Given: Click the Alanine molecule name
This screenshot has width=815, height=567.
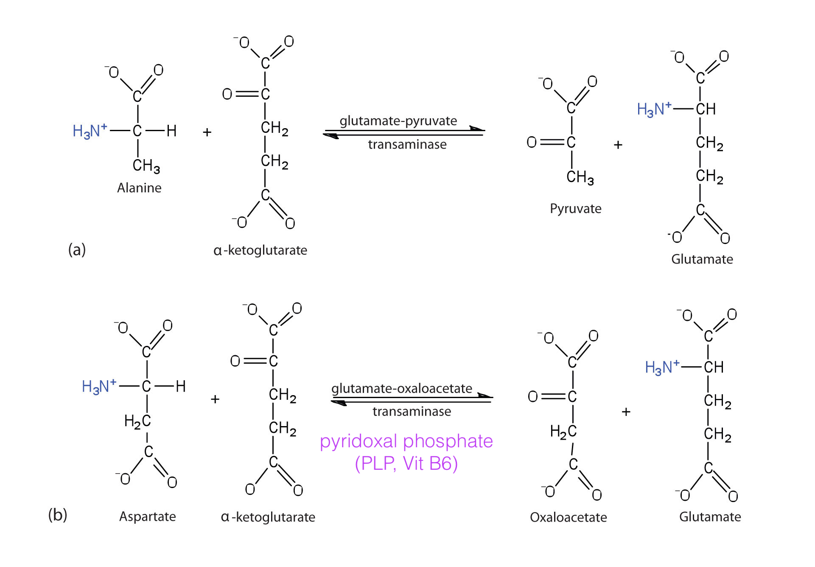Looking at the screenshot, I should point(139,188).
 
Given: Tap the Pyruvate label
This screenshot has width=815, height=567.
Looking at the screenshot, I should point(575,208).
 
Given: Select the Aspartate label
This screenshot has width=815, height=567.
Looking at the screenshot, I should point(147,516).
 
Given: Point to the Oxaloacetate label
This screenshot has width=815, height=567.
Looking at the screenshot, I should point(568,517).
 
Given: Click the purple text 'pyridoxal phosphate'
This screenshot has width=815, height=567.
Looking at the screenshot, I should point(406,441).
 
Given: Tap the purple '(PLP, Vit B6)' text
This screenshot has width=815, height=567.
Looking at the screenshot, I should point(406,463).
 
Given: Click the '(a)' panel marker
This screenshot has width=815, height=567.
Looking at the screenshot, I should point(77,250).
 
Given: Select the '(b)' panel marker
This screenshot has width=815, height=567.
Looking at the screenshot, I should point(58,515).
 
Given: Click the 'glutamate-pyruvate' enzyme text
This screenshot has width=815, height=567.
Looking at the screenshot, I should point(398,121).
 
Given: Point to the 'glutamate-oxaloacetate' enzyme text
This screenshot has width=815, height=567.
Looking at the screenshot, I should point(401,388).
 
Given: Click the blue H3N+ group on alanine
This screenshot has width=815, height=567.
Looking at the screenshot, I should point(90,131).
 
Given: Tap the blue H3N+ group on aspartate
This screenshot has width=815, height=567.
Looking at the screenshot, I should point(99,386).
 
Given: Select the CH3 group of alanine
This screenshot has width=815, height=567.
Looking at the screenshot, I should point(146,166).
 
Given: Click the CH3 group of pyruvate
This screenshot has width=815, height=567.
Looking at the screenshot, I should point(580,177).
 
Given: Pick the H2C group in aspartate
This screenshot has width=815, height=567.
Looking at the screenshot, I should point(137,421).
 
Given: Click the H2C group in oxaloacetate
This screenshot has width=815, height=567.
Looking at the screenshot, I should point(563,432).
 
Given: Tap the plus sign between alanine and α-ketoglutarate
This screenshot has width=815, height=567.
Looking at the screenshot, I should point(207,132).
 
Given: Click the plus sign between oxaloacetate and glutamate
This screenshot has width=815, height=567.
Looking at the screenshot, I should point(626,412).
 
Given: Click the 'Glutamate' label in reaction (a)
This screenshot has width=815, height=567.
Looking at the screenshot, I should point(702,259).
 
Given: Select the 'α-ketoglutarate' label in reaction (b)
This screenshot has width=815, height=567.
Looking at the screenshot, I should point(268,517).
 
